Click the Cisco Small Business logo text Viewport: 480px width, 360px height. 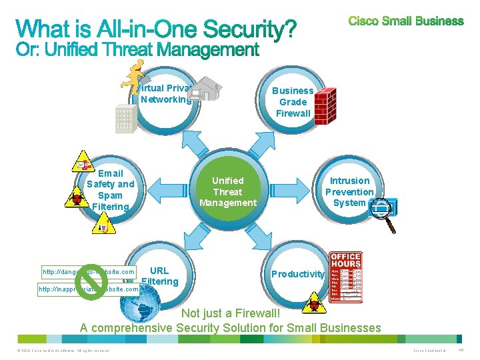[x=405, y=21]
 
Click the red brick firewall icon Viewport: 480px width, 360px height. [x=326, y=103]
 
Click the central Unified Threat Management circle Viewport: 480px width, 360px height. [x=228, y=192]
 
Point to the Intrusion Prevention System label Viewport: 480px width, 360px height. [x=349, y=191]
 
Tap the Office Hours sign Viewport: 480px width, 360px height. [x=345, y=277]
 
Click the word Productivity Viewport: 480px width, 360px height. [x=298, y=274]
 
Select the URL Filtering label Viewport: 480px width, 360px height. [x=159, y=276]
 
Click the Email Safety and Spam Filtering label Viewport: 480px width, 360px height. [x=111, y=190]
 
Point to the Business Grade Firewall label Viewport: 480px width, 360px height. [x=293, y=102]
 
